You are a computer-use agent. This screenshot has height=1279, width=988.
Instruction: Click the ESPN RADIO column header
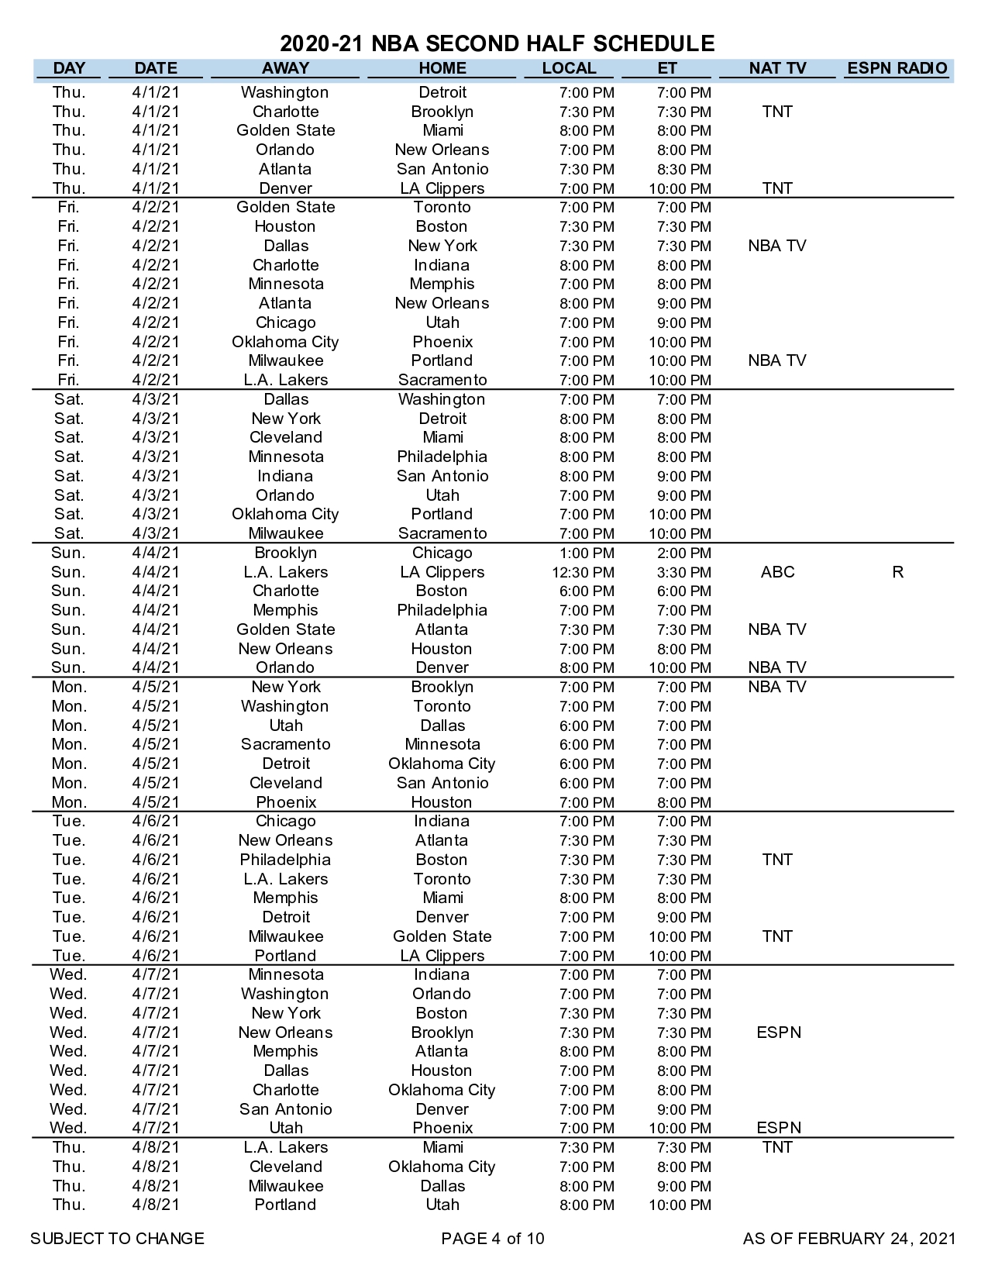[897, 68]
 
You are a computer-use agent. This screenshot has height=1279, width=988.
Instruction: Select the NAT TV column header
[777, 68]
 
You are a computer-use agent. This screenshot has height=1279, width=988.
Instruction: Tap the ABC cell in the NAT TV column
[777, 572]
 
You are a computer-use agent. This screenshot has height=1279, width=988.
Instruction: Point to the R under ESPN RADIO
[897, 572]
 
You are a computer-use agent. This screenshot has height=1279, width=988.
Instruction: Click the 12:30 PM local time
[587, 573]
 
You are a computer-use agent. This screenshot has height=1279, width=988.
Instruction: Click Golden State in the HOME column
[442, 936]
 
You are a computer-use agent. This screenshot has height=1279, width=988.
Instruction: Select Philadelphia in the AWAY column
[285, 860]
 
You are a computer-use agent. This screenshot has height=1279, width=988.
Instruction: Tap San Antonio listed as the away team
[285, 1109]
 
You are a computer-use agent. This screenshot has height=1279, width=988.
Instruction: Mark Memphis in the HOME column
[442, 284]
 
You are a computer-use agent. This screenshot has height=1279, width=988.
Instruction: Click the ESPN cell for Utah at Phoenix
[779, 1128]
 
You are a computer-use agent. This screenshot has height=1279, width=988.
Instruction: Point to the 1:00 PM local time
[587, 553]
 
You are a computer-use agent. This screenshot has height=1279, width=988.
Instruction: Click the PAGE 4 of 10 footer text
[493, 1239]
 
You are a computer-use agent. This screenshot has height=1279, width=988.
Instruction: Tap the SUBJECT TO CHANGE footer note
[117, 1239]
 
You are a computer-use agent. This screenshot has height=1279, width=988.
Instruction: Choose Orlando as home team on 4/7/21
[442, 994]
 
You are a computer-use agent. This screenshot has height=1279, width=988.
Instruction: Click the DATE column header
[156, 68]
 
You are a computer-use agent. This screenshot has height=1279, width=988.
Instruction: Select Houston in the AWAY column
[285, 227]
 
